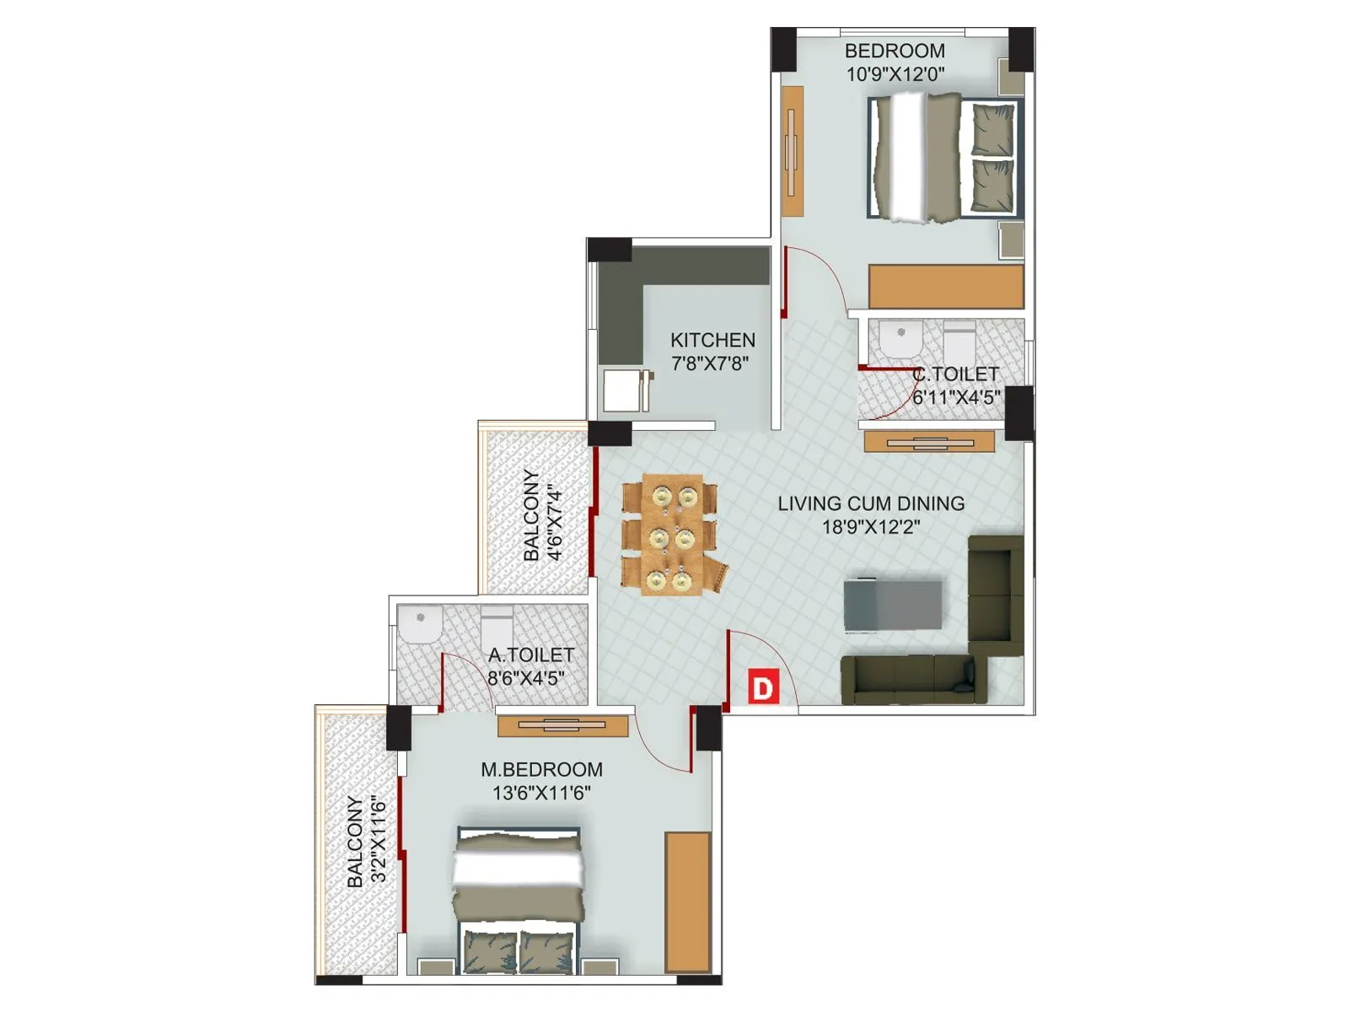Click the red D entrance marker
tap(762, 687)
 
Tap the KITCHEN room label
tap(712, 340)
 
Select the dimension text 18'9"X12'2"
tap(871, 527)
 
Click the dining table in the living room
tap(672, 535)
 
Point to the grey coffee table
tap(893, 605)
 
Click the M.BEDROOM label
tap(541, 769)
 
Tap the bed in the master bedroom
tap(519, 899)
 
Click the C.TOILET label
tap(955, 374)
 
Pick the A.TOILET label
tap(531, 654)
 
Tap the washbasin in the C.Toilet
tap(901, 339)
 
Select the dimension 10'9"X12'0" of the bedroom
tap(895, 74)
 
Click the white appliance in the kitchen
tap(622, 390)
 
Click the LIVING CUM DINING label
tap(871, 503)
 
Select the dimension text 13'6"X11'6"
tap(541, 793)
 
